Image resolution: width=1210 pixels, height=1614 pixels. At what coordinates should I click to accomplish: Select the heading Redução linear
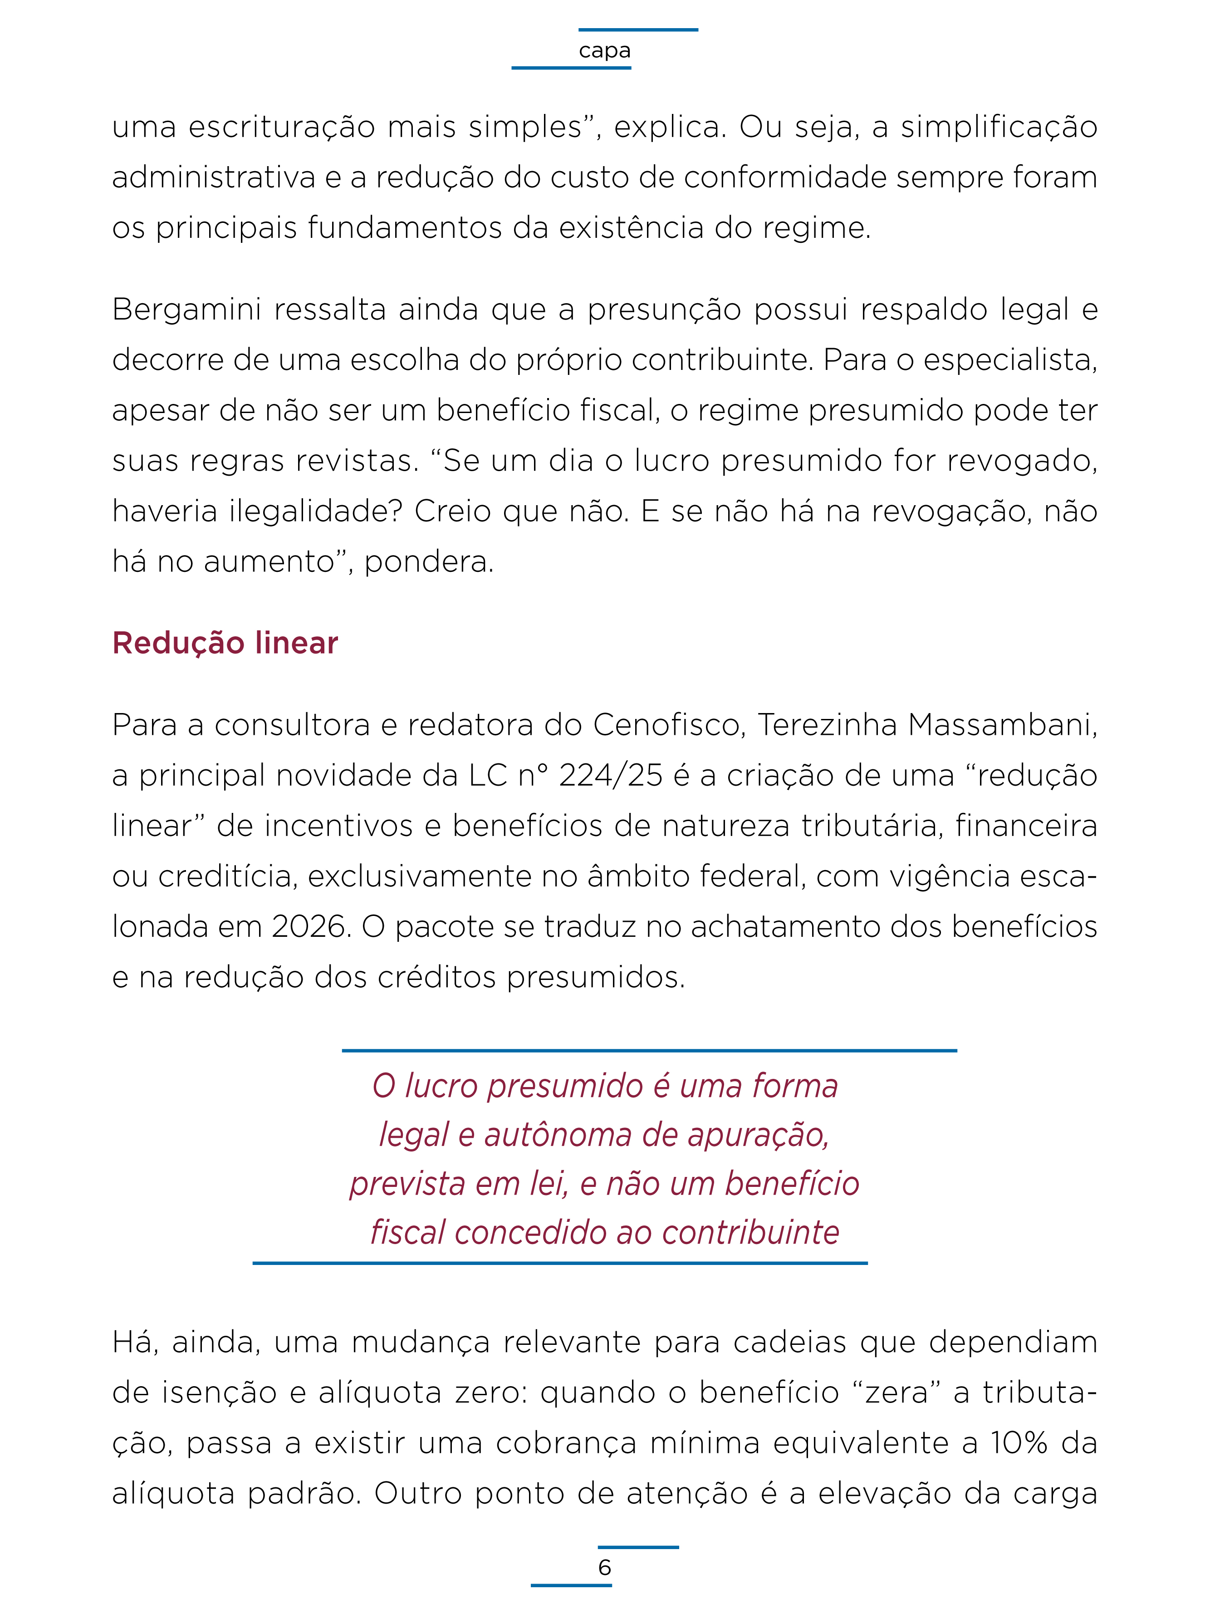225,643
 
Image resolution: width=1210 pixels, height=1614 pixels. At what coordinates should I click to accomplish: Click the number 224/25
611,775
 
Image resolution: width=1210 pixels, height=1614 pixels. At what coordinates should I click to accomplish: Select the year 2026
309,927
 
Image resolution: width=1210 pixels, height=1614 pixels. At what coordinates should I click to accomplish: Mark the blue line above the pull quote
649,1051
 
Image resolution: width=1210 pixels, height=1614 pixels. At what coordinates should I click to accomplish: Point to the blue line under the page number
571,1585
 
